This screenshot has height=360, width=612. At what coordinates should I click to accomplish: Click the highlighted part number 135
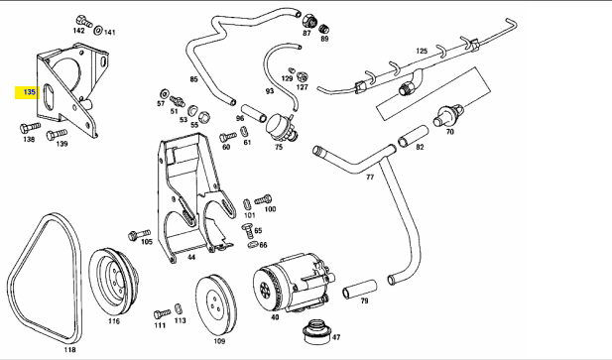click(x=30, y=92)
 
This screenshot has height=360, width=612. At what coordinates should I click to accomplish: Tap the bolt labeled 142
click(x=83, y=21)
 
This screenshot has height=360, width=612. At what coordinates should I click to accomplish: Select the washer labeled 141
click(x=99, y=29)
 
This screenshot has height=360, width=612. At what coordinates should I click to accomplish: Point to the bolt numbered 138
click(x=30, y=127)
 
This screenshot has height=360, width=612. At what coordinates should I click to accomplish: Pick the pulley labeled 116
click(x=113, y=280)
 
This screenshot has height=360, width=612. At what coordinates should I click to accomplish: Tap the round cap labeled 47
click(x=317, y=331)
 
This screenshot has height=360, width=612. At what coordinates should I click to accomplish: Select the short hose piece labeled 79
click(x=359, y=289)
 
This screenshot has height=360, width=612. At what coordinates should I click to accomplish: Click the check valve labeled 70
click(x=448, y=115)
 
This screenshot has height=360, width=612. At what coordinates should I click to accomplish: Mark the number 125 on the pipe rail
click(x=422, y=51)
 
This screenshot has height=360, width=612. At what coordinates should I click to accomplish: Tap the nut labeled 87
click(x=308, y=20)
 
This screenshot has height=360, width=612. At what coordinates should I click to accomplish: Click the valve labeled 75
click(x=281, y=127)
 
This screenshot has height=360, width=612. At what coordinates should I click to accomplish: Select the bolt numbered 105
click(x=139, y=235)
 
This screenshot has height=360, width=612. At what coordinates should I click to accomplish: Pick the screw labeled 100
click(x=264, y=200)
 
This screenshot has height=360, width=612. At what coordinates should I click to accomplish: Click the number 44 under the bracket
click(x=191, y=257)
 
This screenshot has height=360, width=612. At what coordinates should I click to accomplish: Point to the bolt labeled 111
click(x=162, y=313)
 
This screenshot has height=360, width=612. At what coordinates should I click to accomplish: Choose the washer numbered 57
click(x=165, y=93)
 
